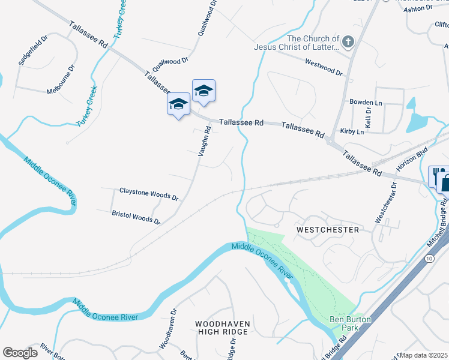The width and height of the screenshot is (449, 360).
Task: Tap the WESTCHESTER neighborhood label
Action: click(x=328, y=230)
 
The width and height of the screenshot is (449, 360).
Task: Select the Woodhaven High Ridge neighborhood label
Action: click(x=222, y=328)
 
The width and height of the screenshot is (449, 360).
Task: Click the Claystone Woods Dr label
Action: click(x=149, y=194)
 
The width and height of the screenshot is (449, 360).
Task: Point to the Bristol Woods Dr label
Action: click(x=136, y=217)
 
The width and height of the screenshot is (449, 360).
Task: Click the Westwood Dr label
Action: click(x=324, y=66)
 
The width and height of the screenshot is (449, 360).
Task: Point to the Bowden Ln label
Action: click(x=366, y=103)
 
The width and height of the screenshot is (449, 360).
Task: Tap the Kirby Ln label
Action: click(x=352, y=131)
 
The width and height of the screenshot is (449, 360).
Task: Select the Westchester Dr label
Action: click(x=386, y=203)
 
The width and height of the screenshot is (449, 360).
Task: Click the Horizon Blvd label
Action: click(x=415, y=158)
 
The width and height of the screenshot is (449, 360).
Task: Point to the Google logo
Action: click(x=20, y=353)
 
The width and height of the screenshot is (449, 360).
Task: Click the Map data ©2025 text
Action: click(x=424, y=355)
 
